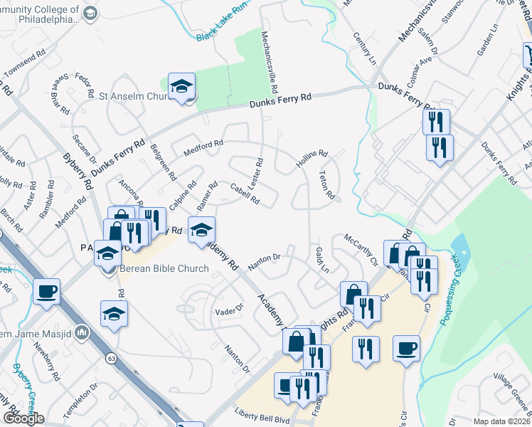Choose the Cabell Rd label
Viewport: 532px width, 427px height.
[x=245, y=193]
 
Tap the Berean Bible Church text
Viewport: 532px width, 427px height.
[x=164, y=269]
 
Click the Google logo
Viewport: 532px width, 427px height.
[x=23, y=418]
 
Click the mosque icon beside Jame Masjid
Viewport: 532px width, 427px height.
[x=83, y=332]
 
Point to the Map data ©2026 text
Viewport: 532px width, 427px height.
[x=501, y=421]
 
